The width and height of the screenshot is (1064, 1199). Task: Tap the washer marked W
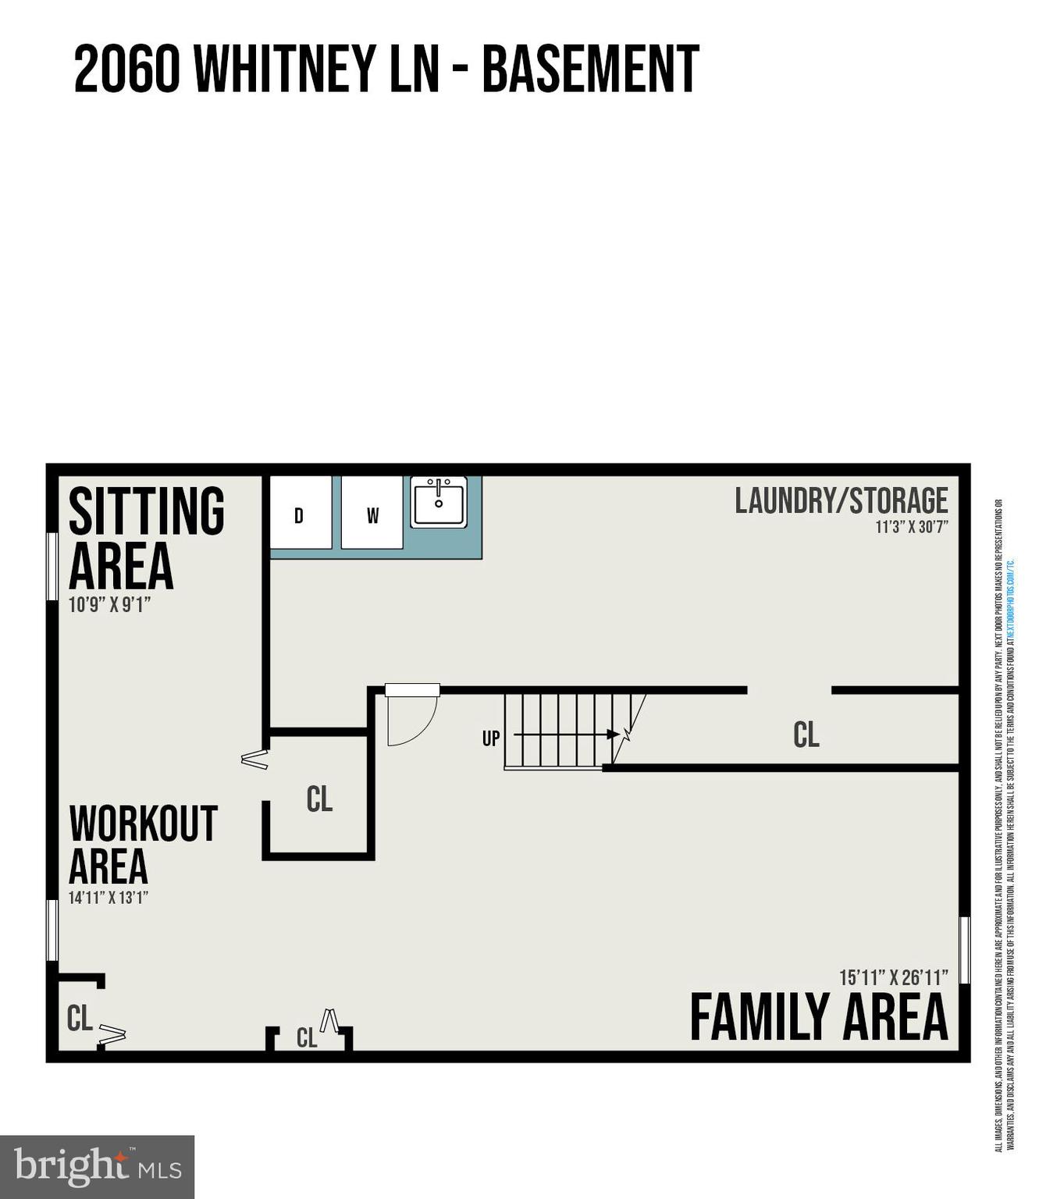pos(372,514)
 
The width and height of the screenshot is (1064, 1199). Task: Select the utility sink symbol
pos(439,503)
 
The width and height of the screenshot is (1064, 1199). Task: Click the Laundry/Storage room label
pos(841,500)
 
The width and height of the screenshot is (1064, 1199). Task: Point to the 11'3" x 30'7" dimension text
pos(911,527)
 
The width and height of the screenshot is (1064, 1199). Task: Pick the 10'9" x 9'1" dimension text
pos(109,604)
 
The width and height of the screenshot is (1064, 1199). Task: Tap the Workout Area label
pos(142,845)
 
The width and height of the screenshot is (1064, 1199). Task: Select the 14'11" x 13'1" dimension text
pos(109,898)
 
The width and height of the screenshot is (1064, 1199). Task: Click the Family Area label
pos(818,1018)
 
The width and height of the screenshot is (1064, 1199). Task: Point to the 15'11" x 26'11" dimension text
pos(893,977)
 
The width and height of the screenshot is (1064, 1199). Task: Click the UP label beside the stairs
pos(490,738)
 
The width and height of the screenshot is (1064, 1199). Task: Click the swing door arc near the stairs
pos(414,722)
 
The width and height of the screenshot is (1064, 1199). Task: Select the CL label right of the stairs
pos(806,735)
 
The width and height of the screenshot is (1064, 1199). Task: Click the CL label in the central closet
pos(319,799)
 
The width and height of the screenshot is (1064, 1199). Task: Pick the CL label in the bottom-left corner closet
pos(80,1019)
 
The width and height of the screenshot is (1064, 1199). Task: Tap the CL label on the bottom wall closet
pos(307,1038)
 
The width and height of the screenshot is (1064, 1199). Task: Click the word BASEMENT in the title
pos(590,69)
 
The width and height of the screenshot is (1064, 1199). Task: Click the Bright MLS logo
pos(97,1167)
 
